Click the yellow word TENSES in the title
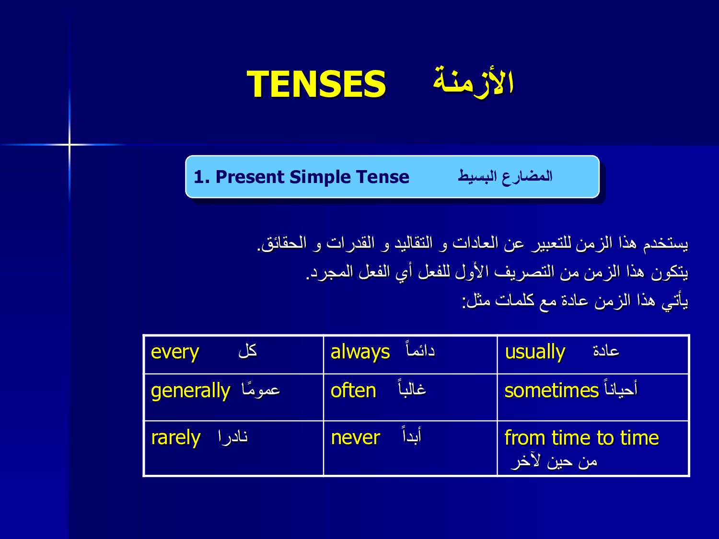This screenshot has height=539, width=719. coord(316,84)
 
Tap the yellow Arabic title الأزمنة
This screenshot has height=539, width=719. coord(473,82)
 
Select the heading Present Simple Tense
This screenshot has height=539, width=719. coord(313,177)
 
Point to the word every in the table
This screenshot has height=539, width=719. coord(175,353)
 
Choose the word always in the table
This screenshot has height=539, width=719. coord(360,353)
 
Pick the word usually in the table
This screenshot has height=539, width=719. coord(535,353)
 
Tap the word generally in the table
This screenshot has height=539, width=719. coord(191,391)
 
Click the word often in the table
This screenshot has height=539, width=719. coord(353,390)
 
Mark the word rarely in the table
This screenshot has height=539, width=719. coord(176,438)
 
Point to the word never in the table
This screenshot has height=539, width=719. coord(355,438)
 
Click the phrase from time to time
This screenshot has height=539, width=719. coord(582,437)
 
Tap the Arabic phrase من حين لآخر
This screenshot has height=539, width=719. coord(554,462)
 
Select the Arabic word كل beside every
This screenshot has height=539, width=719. coord(248,351)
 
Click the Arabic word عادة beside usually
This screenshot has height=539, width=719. coord(606,351)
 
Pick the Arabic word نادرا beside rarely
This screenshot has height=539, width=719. coord(233,437)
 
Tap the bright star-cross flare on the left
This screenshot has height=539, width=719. coord(70,144)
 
